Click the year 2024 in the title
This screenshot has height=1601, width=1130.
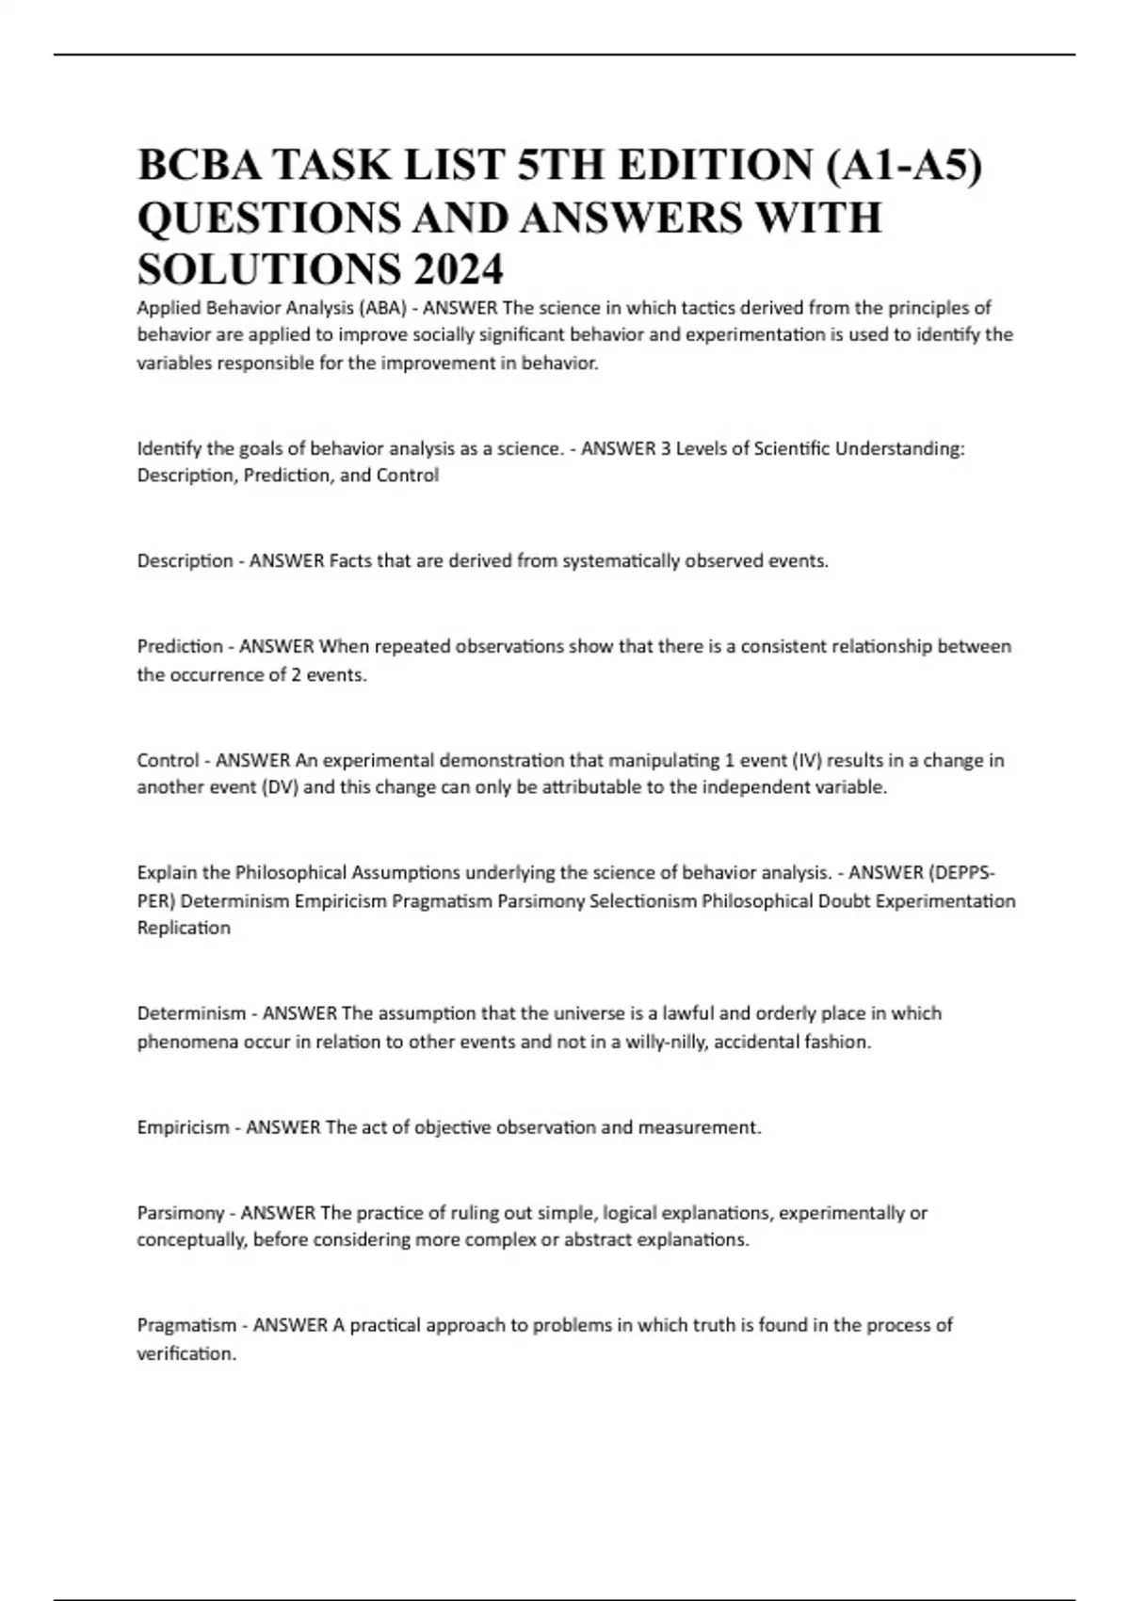457,269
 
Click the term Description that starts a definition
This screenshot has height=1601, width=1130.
185,561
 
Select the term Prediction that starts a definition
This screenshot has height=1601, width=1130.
180,647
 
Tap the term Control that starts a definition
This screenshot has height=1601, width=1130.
168,760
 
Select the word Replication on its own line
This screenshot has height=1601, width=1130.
184,928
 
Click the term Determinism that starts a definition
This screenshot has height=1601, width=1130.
191,1014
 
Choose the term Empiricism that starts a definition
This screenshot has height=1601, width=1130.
183,1127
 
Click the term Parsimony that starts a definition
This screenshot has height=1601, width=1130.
181,1213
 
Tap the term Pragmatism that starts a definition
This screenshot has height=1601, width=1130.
186,1326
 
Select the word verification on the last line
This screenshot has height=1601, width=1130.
185,1353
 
